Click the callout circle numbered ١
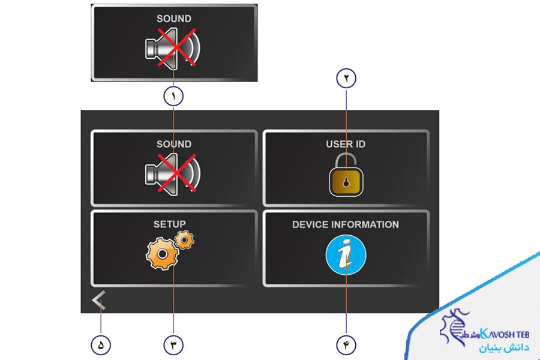click(173, 95)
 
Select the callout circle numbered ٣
click(173, 344)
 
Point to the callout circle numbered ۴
click(346, 344)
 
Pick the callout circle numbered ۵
click(101, 344)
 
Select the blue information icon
click(346, 255)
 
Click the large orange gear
click(162, 254)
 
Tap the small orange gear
click(185, 239)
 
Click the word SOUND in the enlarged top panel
click(174, 19)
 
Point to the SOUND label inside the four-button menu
click(174, 144)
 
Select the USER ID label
click(346, 144)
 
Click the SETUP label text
click(169, 224)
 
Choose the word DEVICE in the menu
click(311, 224)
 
